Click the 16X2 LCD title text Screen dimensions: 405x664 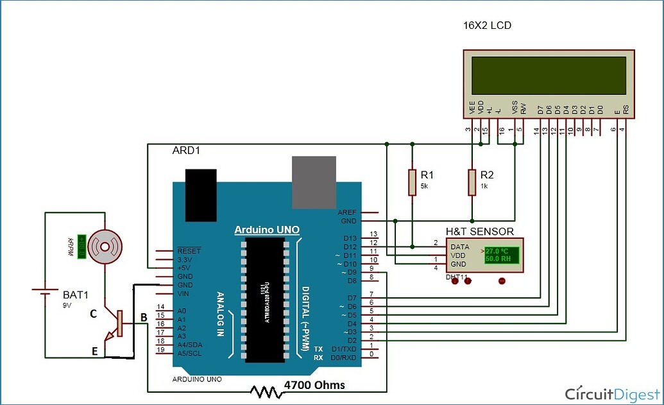coord(489,26)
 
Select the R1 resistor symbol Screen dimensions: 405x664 coord(412,182)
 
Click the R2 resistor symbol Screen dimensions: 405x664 coord(472,182)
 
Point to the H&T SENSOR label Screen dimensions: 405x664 coord(479,231)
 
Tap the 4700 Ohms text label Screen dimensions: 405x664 coord(314,385)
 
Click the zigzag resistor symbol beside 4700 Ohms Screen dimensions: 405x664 coord(266,390)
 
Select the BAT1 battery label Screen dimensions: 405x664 coord(76,295)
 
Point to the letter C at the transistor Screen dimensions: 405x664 coord(93,314)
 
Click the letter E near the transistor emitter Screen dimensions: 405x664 coord(94,351)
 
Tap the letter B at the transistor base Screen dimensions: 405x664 coord(144,317)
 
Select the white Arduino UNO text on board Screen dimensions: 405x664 coord(266,230)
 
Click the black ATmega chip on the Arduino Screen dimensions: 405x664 coord(265,297)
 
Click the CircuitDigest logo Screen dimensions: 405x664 coord(610,393)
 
